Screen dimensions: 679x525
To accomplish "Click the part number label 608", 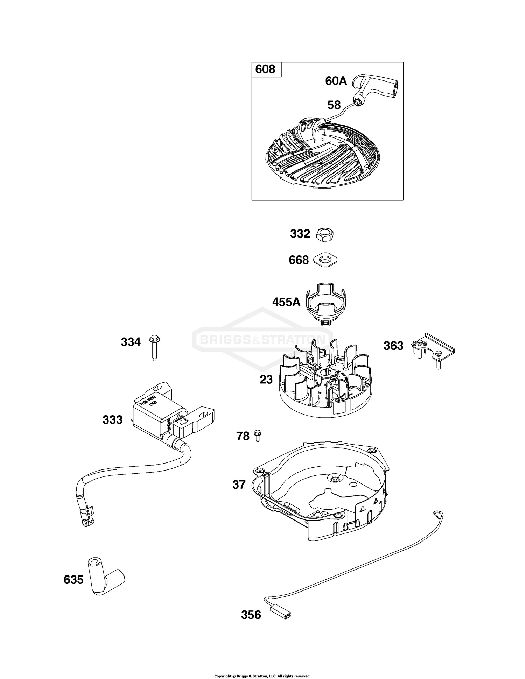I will tap(265, 69).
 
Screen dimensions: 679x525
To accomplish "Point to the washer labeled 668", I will tap(325, 260).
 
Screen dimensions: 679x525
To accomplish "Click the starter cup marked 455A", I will tap(325, 303).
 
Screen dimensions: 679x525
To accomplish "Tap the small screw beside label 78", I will tap(258, 435).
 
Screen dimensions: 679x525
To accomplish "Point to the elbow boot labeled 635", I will tap(105, 579).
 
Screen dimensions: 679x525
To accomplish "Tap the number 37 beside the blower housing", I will tap(239, 485).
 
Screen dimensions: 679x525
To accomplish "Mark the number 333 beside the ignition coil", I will tap(113, 419).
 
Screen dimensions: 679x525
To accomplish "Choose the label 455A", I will tap(286, 302).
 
